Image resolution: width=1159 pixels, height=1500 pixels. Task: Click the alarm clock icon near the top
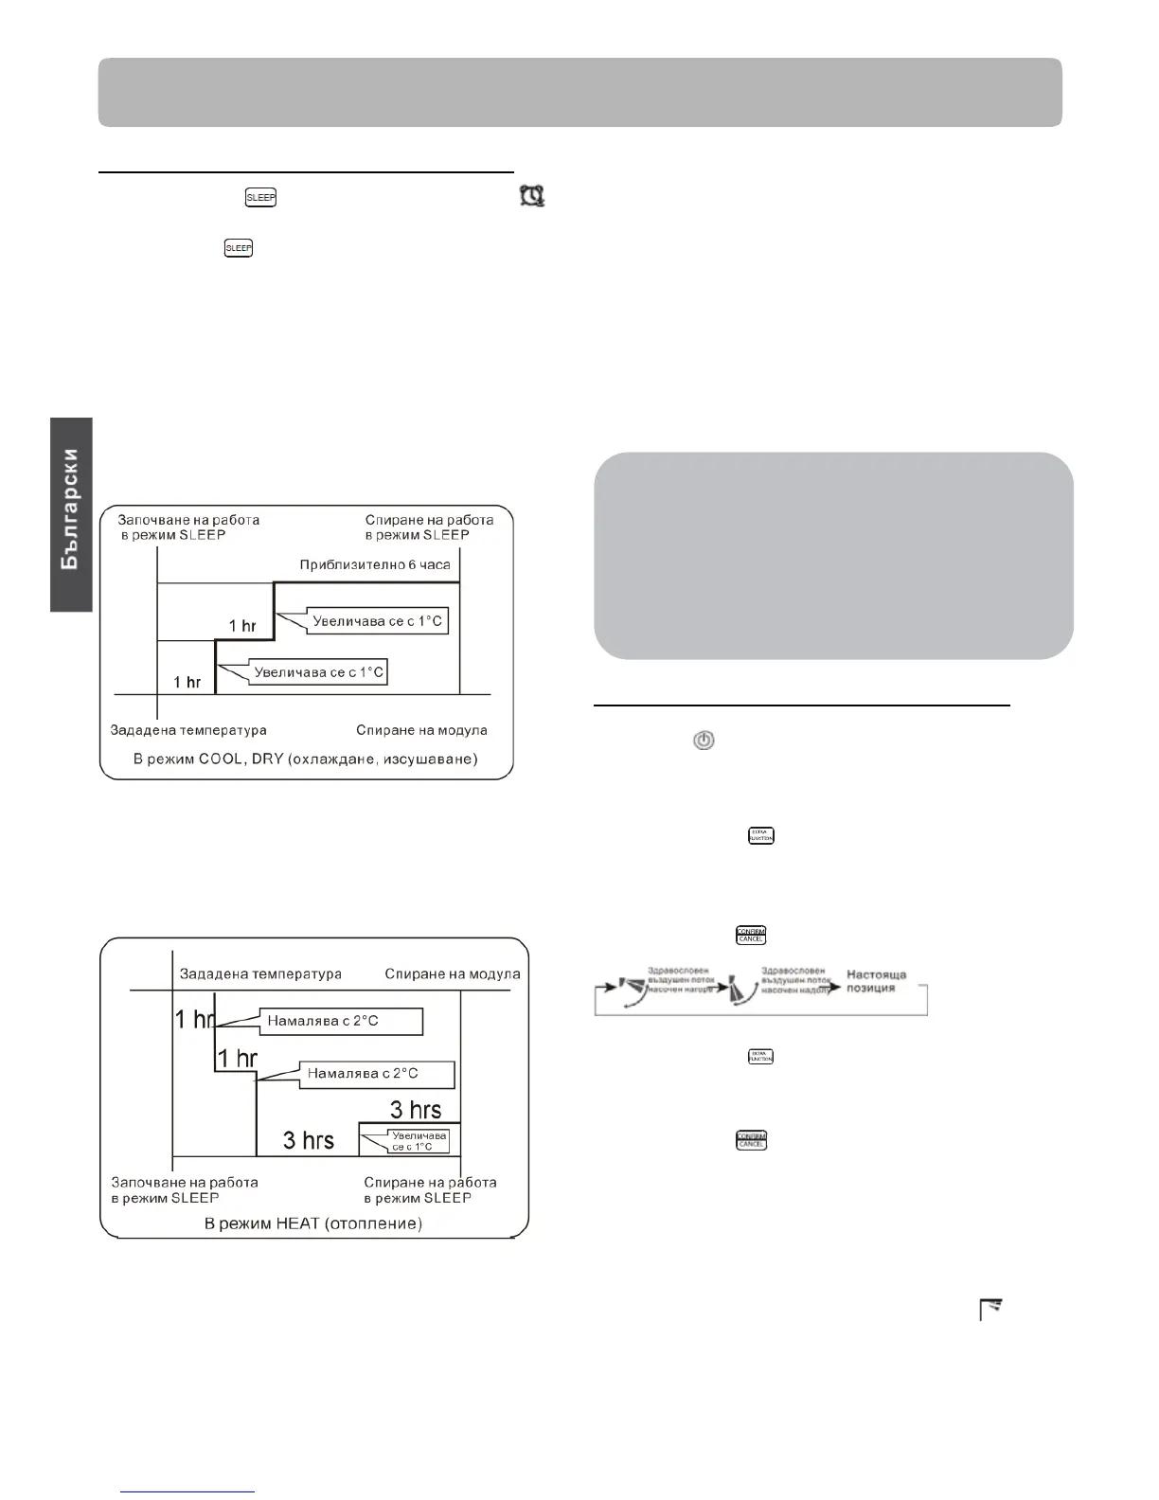(532, 197)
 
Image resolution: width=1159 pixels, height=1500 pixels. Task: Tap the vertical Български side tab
(72, 513)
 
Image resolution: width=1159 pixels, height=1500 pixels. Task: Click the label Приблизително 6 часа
(375, 565)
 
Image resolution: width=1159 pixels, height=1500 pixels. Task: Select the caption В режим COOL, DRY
(306, 759)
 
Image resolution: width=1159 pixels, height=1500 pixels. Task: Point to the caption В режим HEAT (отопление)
(313, 1223)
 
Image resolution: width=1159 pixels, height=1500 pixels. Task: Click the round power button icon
(704, 741)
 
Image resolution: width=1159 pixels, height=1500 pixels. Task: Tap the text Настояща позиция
(876, 981)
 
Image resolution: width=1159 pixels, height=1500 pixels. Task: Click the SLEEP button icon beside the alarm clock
(260, 198)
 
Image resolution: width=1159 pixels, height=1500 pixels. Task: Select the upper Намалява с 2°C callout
(323, 1021)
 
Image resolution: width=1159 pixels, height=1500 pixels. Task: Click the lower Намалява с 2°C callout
(363, 1074)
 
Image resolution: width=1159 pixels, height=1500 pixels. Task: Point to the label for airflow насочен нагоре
(682, 981)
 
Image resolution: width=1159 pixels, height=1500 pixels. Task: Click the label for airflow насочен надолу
(795, 981)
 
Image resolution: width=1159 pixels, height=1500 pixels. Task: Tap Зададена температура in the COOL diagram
(188, 730)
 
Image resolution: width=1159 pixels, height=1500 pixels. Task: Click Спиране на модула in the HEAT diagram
(452, 973)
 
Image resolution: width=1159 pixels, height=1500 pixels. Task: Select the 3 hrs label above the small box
(416, 1108)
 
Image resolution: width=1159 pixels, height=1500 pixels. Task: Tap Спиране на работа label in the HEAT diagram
(431, 1189)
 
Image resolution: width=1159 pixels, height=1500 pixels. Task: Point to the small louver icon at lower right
(990, 1311)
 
